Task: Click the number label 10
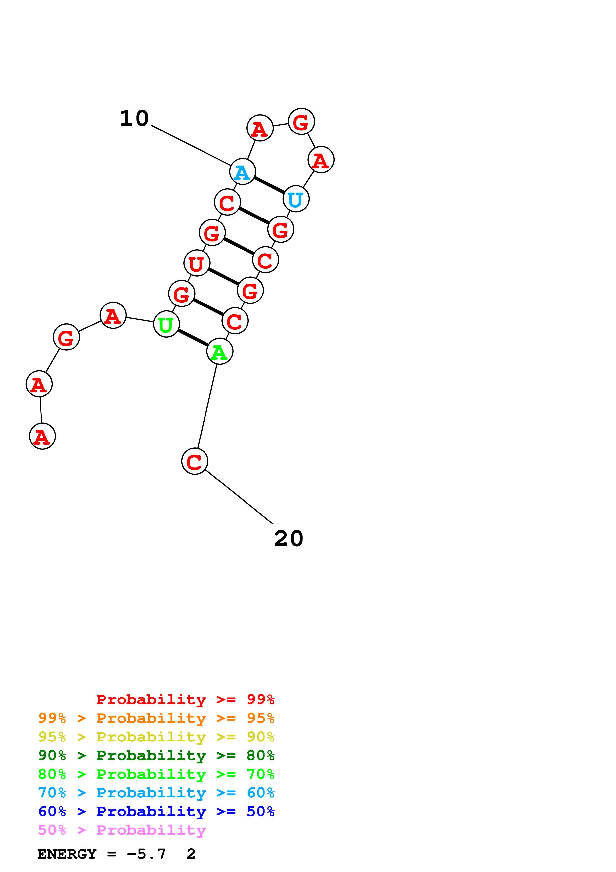point(134,119)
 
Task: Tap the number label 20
point(288,539)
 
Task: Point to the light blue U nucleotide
point(296,199)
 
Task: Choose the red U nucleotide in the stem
point(197,263)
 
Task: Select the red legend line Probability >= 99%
point(185,699)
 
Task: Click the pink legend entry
point(122,830)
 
